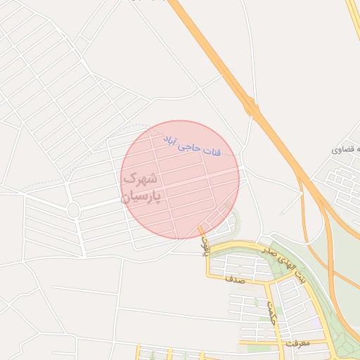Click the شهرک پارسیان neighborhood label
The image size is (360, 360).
point(143,188)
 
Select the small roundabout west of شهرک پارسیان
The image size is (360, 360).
point(73,210)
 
